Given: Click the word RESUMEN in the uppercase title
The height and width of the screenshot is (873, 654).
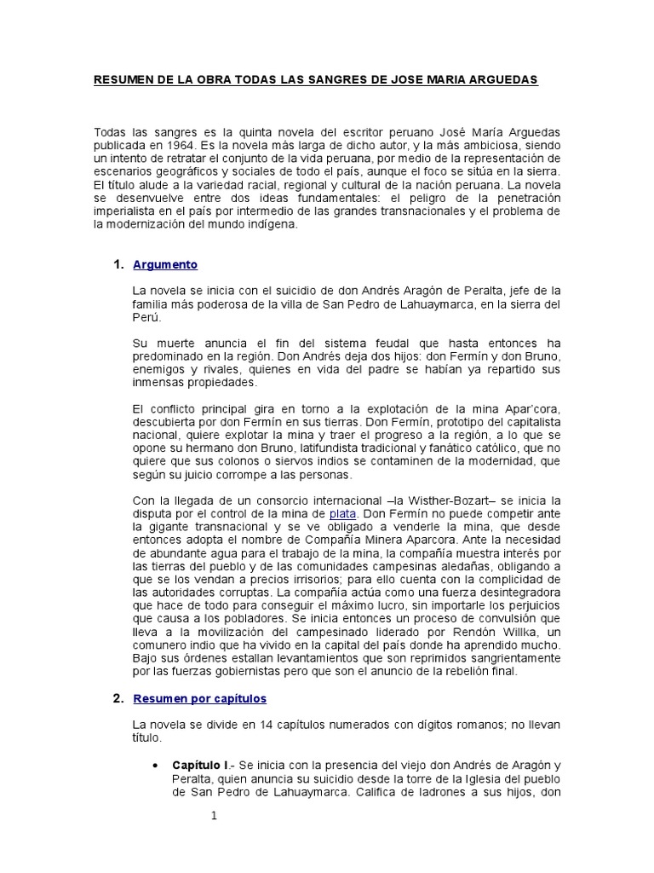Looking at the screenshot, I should [121, 79].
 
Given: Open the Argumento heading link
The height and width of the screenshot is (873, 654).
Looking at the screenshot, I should [165, 265].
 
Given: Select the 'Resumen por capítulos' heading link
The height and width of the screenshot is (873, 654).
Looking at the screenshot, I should [200, 698].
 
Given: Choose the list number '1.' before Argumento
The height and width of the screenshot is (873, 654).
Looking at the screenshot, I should [119, 265].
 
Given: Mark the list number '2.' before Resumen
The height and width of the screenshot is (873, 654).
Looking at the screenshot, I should [119, 698].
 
